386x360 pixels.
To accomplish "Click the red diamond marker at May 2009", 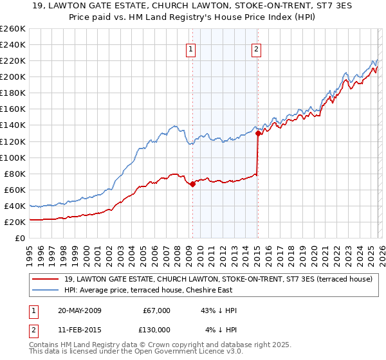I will point(192,184).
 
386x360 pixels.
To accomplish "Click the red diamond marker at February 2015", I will point(257,134).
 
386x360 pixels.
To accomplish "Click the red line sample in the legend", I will point(46,278).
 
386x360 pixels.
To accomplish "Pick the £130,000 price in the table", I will point(155,330).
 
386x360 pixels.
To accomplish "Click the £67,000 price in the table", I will point(155,310).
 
